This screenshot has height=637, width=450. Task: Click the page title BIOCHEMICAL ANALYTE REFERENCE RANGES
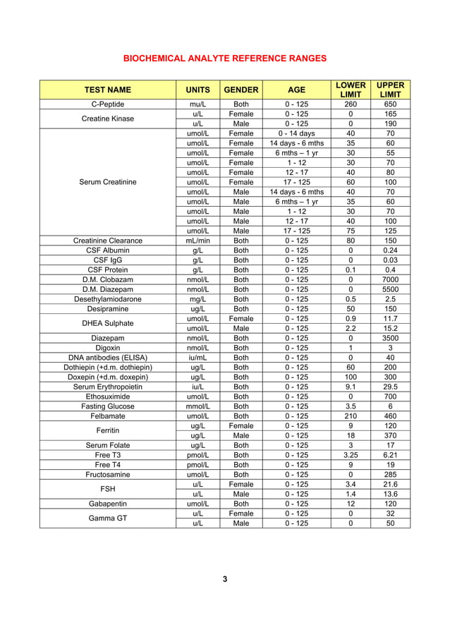[224, 58]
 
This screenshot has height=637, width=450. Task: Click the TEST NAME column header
[108, 90]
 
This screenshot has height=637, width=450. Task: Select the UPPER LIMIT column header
[390, 90]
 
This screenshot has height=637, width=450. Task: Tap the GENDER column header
[241, 90]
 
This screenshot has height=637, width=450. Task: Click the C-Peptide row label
[108, 104]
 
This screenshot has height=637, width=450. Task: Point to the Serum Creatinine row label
[108, 183]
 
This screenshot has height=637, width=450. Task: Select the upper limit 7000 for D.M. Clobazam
[390, 279]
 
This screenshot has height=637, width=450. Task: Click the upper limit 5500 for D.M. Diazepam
[390, 289]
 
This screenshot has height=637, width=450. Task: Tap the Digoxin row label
[108, 347]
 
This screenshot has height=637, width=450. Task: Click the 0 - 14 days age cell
[297, 133]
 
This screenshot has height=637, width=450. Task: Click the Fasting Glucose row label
[108, 406]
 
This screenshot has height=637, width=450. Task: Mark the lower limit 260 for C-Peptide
[351, 104]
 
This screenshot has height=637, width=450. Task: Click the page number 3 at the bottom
[224, 579]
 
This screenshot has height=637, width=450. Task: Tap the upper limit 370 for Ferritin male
[390, 435]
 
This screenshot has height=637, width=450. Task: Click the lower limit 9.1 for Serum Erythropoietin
[351, 387]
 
